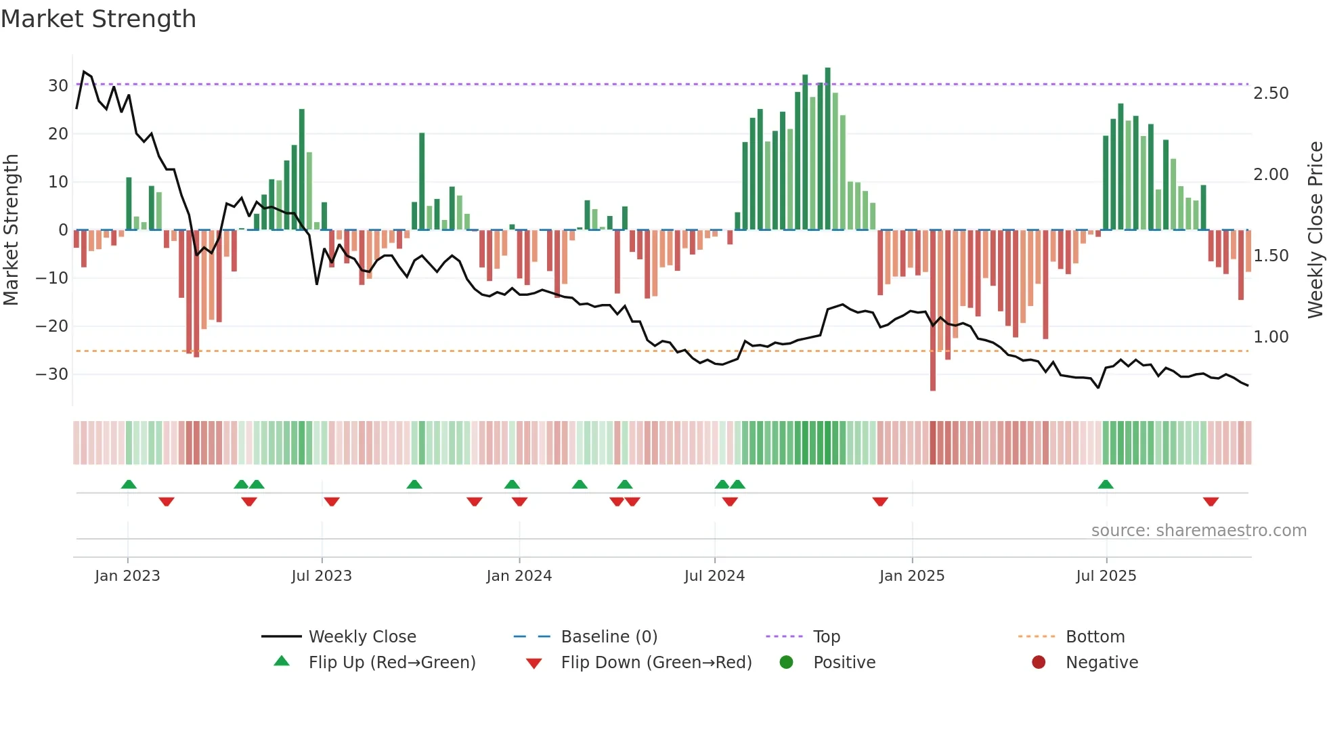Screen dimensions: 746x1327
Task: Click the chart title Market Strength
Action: pos(98,19)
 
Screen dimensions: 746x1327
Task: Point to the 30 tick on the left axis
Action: pos(58,86)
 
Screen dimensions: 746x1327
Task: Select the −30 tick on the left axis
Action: pos(53,374)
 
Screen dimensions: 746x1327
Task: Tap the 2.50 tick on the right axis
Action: pos(1271,93)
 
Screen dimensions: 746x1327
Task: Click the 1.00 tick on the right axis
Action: pos(1271,337)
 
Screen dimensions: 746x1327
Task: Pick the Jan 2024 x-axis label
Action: pos(519,576)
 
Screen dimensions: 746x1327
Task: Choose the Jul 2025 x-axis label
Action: pos(1106,576)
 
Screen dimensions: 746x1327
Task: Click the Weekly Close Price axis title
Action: pos(1315,229)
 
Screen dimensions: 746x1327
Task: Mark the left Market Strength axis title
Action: pos(12,229)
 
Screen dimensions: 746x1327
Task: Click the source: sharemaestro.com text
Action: pos(1198,531)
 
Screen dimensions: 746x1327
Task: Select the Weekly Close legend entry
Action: pos(362,637)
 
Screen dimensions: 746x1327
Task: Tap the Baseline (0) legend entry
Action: pos(609,637)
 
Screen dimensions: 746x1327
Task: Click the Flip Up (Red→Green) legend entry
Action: pos(392,663)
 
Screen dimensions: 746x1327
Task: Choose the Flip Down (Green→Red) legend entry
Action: pos(656,663)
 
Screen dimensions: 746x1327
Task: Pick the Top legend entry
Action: pos(827,637)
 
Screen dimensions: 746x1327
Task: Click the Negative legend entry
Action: pos(1102,663)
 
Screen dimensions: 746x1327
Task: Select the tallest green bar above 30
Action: pos(827,149)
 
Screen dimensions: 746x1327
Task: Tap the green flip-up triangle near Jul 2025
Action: pos(1106,484)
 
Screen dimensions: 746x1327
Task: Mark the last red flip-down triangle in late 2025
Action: pos(1211,502)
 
